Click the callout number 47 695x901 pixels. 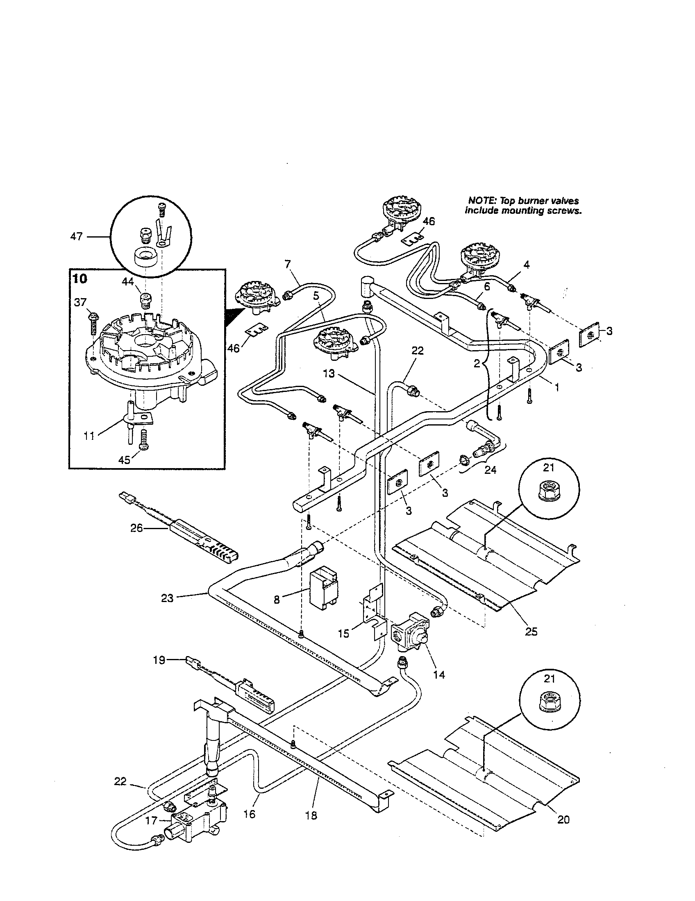point(77,236)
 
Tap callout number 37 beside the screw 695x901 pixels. point(80,302)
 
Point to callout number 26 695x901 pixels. point(136,527)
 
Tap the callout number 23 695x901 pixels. point(167,598)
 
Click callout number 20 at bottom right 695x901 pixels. point(563,820)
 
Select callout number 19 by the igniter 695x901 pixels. point(159,660)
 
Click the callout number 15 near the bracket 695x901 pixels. point(343,633)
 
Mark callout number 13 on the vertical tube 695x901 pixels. point(329,374)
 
